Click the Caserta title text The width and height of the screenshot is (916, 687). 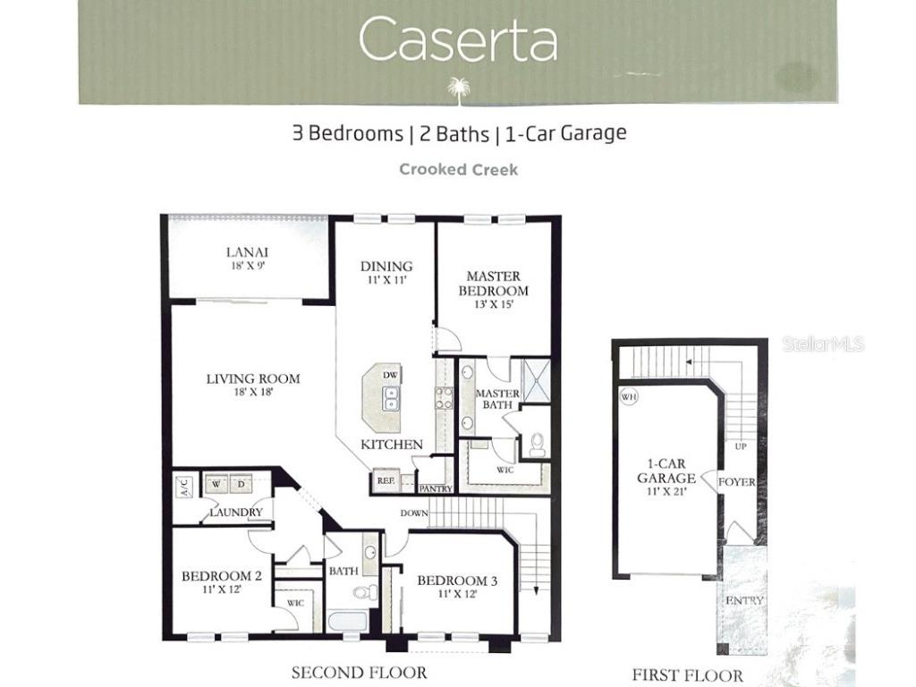tap(458, 40)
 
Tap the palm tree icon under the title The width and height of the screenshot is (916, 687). tap(458, 89)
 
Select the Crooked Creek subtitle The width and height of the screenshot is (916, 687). tap(458, 169)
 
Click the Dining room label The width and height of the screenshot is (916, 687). tap(386, 266)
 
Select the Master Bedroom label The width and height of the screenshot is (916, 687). tap(493, 284)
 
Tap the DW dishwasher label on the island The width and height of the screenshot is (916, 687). tap(390, 375)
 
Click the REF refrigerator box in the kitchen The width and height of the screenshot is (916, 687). tap(385, 480)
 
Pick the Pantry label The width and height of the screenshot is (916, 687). tap(436, 488)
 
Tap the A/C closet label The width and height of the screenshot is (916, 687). tap(184, 488)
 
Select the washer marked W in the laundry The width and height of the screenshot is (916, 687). tap(216, 485)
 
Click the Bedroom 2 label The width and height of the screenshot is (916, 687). tap(221, 576)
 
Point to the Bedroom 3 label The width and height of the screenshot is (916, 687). tap(457, 581)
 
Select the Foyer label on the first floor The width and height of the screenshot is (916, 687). tap(736, 482)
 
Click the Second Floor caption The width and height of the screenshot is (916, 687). tap(359, 672)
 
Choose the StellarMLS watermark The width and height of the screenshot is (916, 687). tap(823, 343)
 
